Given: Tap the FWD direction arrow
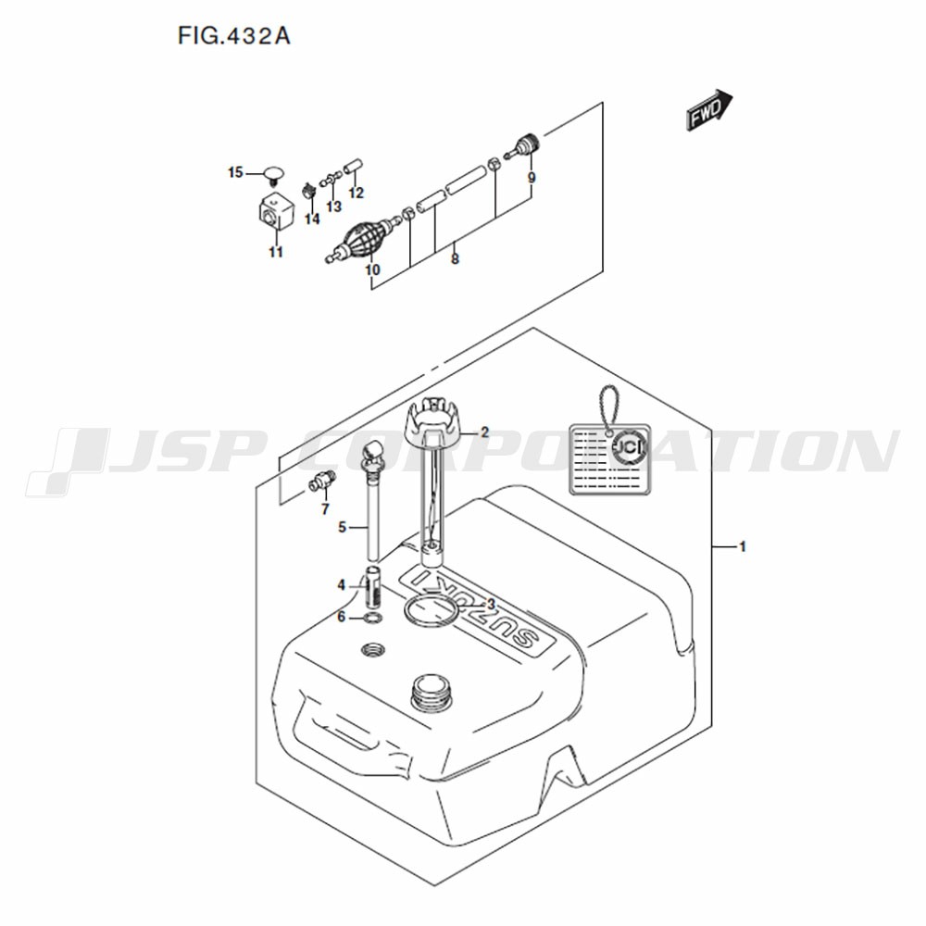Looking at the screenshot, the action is tap(709, 110).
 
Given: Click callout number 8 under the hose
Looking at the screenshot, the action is tap(455, 258).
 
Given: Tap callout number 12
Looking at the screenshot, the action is tap(357, 194).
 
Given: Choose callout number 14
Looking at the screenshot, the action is tap(312, 219).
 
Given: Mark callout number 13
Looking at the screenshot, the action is tap(333, 206).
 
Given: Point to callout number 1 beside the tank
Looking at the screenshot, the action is tap(743, 547).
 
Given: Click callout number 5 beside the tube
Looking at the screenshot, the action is tap(342, 528).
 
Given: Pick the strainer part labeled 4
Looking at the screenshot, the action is tap(372, 587).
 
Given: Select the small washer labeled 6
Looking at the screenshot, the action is tap(373, 619).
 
